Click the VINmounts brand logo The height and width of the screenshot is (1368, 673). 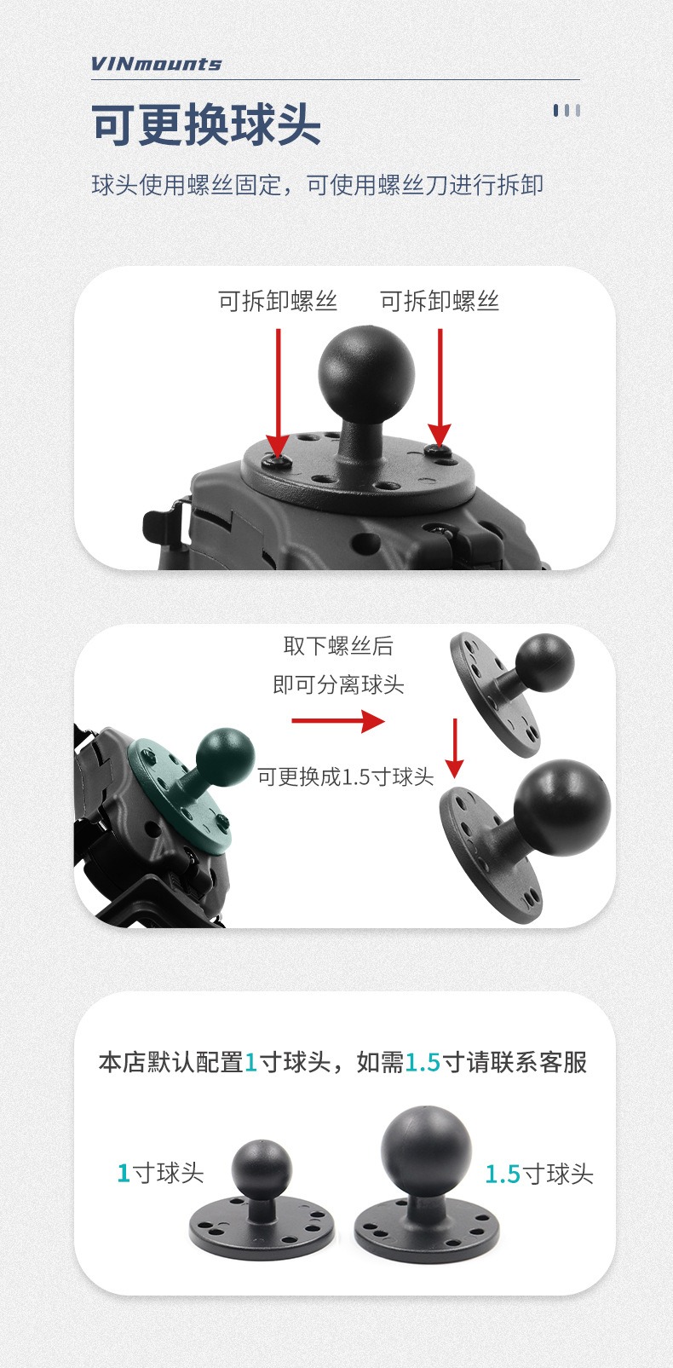click(x=156, y=64)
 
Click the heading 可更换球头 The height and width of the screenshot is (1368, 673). click(x=206, y=124)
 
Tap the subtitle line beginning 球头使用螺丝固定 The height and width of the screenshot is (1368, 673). click(x=317, y=184)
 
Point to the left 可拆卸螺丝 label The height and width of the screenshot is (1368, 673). click(x=278, y=301)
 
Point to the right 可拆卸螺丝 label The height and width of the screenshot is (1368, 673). click(x=440, y=301)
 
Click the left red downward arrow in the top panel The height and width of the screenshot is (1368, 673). click(x=279, y=392)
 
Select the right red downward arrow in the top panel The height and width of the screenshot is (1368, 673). click(x=440, y=387)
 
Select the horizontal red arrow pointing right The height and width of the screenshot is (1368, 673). click(x=338, y=720)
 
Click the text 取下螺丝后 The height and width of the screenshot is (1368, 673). click(x=338, y=645)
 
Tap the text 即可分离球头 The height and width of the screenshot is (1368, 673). click(x=338, y=684)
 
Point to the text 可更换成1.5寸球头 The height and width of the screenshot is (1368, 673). click(x=345, y=776)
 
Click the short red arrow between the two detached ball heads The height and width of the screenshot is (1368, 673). click(x=455, y=748)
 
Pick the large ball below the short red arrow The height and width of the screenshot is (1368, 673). click(x=562, y=807)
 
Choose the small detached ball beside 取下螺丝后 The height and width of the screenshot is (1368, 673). click(x=545, y=662)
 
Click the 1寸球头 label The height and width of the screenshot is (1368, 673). click(x=160, y=1173)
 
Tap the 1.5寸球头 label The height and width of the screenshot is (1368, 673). click(x=538, y=1174)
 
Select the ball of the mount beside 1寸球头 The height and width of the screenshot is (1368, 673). click(x=262, y=1170)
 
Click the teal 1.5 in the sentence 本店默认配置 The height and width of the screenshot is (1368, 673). click(x=423, y=1063)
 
